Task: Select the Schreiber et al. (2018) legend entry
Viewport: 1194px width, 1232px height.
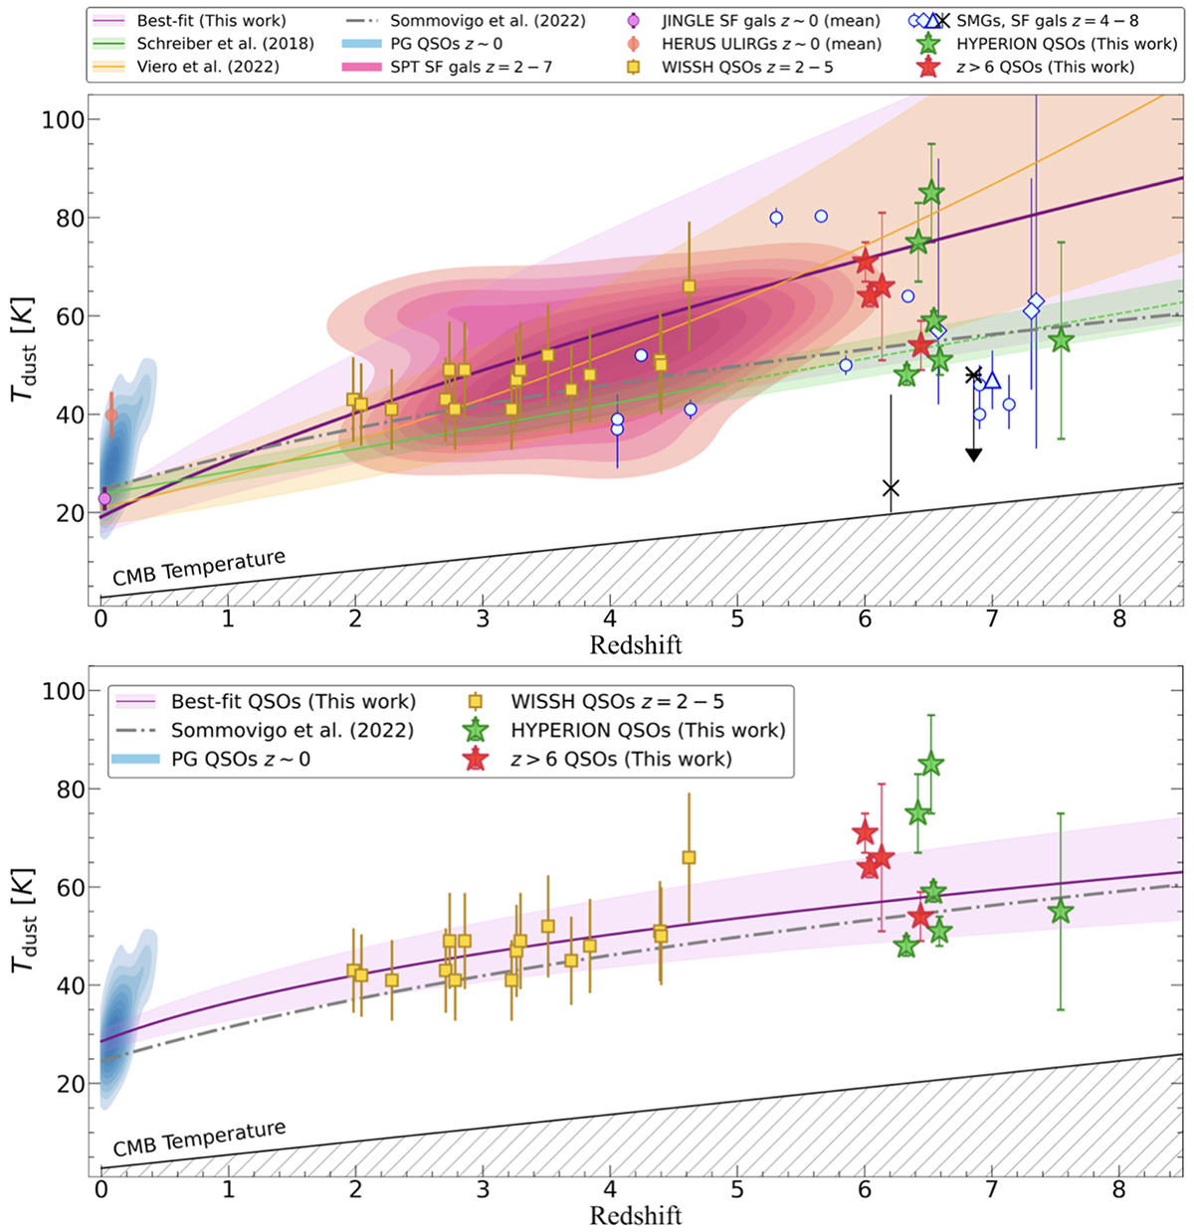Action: [225, 44]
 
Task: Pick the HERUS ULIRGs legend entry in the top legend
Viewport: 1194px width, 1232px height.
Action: [771, 44]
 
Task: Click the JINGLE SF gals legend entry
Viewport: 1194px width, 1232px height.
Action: [771, 21]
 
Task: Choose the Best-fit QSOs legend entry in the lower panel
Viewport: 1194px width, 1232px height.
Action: [293, 702]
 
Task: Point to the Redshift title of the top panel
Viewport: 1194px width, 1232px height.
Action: [636, 645]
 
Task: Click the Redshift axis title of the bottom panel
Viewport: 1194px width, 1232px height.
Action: [636, 1215]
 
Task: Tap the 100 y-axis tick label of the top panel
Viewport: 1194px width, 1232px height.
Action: [62, 119]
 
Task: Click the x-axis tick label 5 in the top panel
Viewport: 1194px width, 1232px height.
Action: [737, 617]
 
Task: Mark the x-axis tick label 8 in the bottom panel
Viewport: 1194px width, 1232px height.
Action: [1119, 1188]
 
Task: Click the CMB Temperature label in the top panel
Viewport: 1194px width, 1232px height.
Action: [199, 567]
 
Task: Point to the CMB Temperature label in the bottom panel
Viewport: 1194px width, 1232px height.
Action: [199, 1139]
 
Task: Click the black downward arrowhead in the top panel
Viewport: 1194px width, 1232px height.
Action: [974, 454]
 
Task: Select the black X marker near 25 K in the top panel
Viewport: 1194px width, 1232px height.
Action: [891, 488]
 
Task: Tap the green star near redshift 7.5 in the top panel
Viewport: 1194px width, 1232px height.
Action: [1061, 340]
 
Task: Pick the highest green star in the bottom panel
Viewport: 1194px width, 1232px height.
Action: [930, 764]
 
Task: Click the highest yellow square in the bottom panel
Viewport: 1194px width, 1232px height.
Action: [689, 857]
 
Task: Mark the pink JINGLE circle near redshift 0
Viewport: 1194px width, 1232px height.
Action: [104, 498]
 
